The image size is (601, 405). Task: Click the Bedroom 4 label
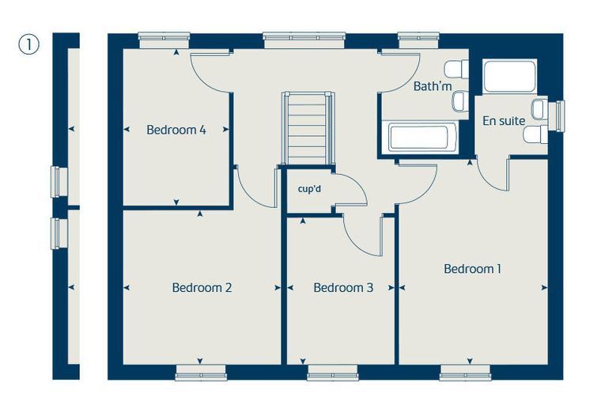[x=176, y=130]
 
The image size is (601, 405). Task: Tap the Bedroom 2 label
[x=202, y=287]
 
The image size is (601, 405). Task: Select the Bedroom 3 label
[x=343, y=287]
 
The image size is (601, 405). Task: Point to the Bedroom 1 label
[x=472, y=268]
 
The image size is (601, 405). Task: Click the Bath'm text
[x=433, y=86]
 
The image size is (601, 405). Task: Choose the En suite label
[x=504, y=121]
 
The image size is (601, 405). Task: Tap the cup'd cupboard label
[x=309, y=189]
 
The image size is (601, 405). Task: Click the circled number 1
[x=29, y=44]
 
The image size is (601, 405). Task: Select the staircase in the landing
[x=308, y=128]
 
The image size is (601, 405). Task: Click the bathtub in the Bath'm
[x=421, y=137]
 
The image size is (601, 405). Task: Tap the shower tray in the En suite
[x=509, y=76]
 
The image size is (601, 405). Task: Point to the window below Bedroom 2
[x=200, y=373]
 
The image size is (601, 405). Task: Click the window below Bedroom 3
[x=333, y=373]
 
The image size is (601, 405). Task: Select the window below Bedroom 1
[x=465, y=373]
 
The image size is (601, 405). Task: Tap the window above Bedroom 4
[x=164, y=40]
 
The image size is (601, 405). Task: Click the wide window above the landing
[x=304, y=40]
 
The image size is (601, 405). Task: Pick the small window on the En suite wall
[x=557, y=116]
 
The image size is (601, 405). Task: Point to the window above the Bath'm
[x=418, y=40]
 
